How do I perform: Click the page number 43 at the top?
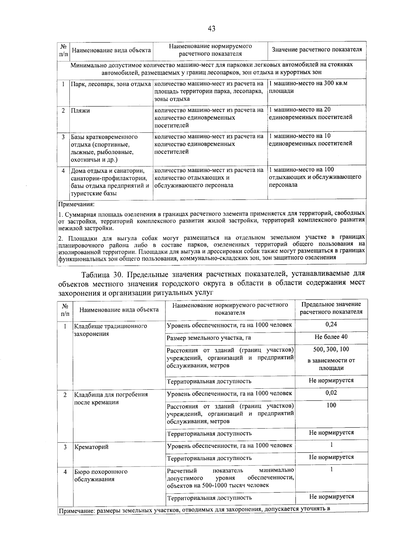coord(211,28)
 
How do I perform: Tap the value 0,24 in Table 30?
coord(331,324)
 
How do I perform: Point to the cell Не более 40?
coord(331,337)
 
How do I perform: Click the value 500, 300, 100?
coord(331,349)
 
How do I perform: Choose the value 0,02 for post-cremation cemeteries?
coord(331,393)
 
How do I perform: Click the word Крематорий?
coord(91,447)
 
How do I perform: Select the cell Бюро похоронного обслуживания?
coord(101,475)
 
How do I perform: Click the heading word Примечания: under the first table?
coord(76,205)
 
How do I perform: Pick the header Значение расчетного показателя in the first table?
coord(317,50)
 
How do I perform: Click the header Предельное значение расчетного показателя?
coord(331,308)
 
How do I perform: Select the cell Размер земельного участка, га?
coord(209,338)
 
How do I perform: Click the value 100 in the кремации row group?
coord(331,405)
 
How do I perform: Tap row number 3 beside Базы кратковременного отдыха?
coord(63,137)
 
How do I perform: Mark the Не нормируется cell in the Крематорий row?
coord(331,457)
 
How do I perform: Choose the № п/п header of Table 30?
coord(65,310)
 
